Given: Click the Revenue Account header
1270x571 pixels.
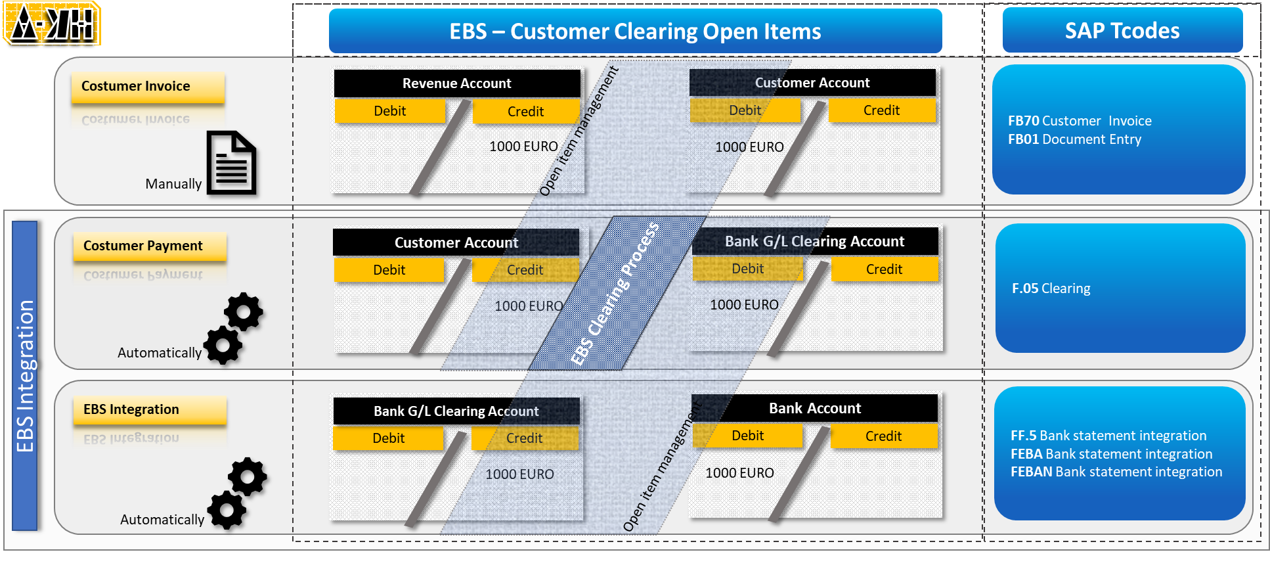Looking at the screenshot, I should (456, 83).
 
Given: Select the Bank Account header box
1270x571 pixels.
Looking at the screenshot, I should (814, 408).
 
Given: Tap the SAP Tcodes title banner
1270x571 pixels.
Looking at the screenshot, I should (1122, 30).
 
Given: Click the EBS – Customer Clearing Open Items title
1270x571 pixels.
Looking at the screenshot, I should (635, 31).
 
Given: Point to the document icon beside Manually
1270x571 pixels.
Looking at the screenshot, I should (232, 164).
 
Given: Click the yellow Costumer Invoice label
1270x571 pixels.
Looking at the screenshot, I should (148, 86).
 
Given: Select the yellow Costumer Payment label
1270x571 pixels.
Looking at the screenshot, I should (149, 246).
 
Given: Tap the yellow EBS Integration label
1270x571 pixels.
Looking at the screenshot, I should (149, 409).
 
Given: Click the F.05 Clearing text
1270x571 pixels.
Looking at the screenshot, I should (1051, 288).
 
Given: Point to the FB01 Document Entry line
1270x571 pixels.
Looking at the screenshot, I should (1074, 139).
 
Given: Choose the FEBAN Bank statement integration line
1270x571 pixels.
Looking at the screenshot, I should (1116, 472).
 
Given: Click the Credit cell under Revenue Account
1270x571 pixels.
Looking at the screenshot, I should (525, 112).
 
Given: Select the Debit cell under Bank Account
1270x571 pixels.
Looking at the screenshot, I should (747, 436).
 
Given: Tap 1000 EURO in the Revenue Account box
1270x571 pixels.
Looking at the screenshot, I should (523, 147).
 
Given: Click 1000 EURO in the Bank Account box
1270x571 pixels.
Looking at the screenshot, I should (739, 473).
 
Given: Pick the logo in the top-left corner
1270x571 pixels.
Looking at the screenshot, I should (52, 23).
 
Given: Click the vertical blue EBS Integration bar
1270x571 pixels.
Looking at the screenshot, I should (25, 376).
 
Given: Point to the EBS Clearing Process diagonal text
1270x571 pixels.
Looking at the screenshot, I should (615, 293).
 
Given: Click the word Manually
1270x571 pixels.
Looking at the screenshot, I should (173, 184).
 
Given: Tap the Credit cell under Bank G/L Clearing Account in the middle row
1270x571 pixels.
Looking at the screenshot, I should (884, 269).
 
